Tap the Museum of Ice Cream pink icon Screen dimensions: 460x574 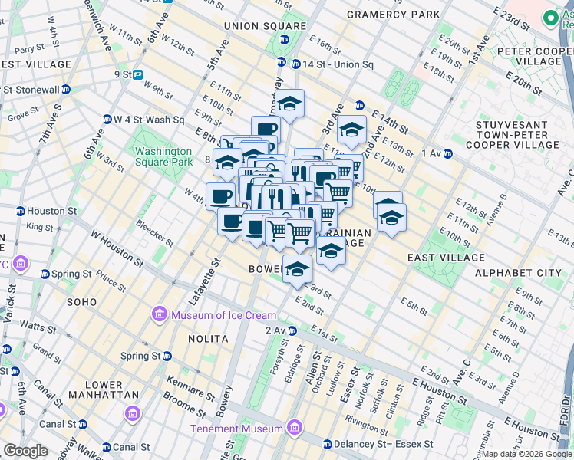(159, 314)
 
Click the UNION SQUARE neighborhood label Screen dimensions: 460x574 (254, 26)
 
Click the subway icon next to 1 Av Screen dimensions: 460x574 (447, 154)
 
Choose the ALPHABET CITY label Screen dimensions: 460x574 (518, 273)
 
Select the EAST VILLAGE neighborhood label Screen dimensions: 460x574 (446, 258)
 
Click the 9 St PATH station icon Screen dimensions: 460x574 (138, 75)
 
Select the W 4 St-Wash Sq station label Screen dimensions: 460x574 (150, 120)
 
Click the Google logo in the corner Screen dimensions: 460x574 (25, 451)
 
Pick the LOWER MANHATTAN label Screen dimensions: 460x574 (104, 389)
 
